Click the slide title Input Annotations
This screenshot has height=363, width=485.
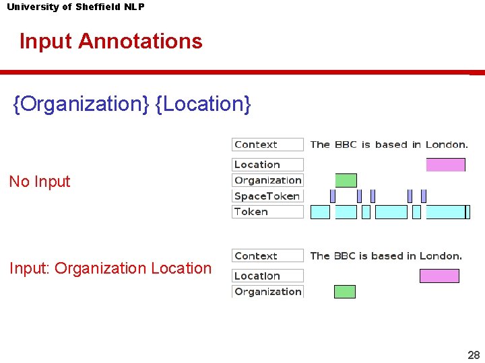tap(110, 41)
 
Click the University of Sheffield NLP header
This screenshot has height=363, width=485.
tap(75, 7)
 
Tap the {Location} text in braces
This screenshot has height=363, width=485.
tap(203, 104)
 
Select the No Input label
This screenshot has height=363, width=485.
tap(40, 182)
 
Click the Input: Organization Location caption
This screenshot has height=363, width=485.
tap(110, 268)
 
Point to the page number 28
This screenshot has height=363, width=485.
tap(474, 355)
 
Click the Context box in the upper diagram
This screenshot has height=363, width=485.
tap(267, 145)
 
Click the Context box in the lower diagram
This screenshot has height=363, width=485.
tap(267, 256)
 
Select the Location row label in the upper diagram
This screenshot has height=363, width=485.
tap(267, 165)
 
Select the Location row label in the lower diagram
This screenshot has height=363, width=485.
tap(267, 276)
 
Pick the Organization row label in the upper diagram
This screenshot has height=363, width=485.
tap(267, 180)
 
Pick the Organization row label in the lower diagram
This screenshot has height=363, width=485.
tap(267, 292)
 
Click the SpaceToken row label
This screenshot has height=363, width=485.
tap(267, 196)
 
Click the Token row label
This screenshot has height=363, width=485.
tap(267, 212)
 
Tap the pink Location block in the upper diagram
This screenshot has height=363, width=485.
tap(445, 165)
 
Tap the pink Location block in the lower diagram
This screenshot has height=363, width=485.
tap(439, 276)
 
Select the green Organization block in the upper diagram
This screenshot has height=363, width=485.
tap(346, 180)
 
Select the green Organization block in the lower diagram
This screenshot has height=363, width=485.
tap(345, 292)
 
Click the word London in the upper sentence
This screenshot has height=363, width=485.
tap(447, 145)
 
